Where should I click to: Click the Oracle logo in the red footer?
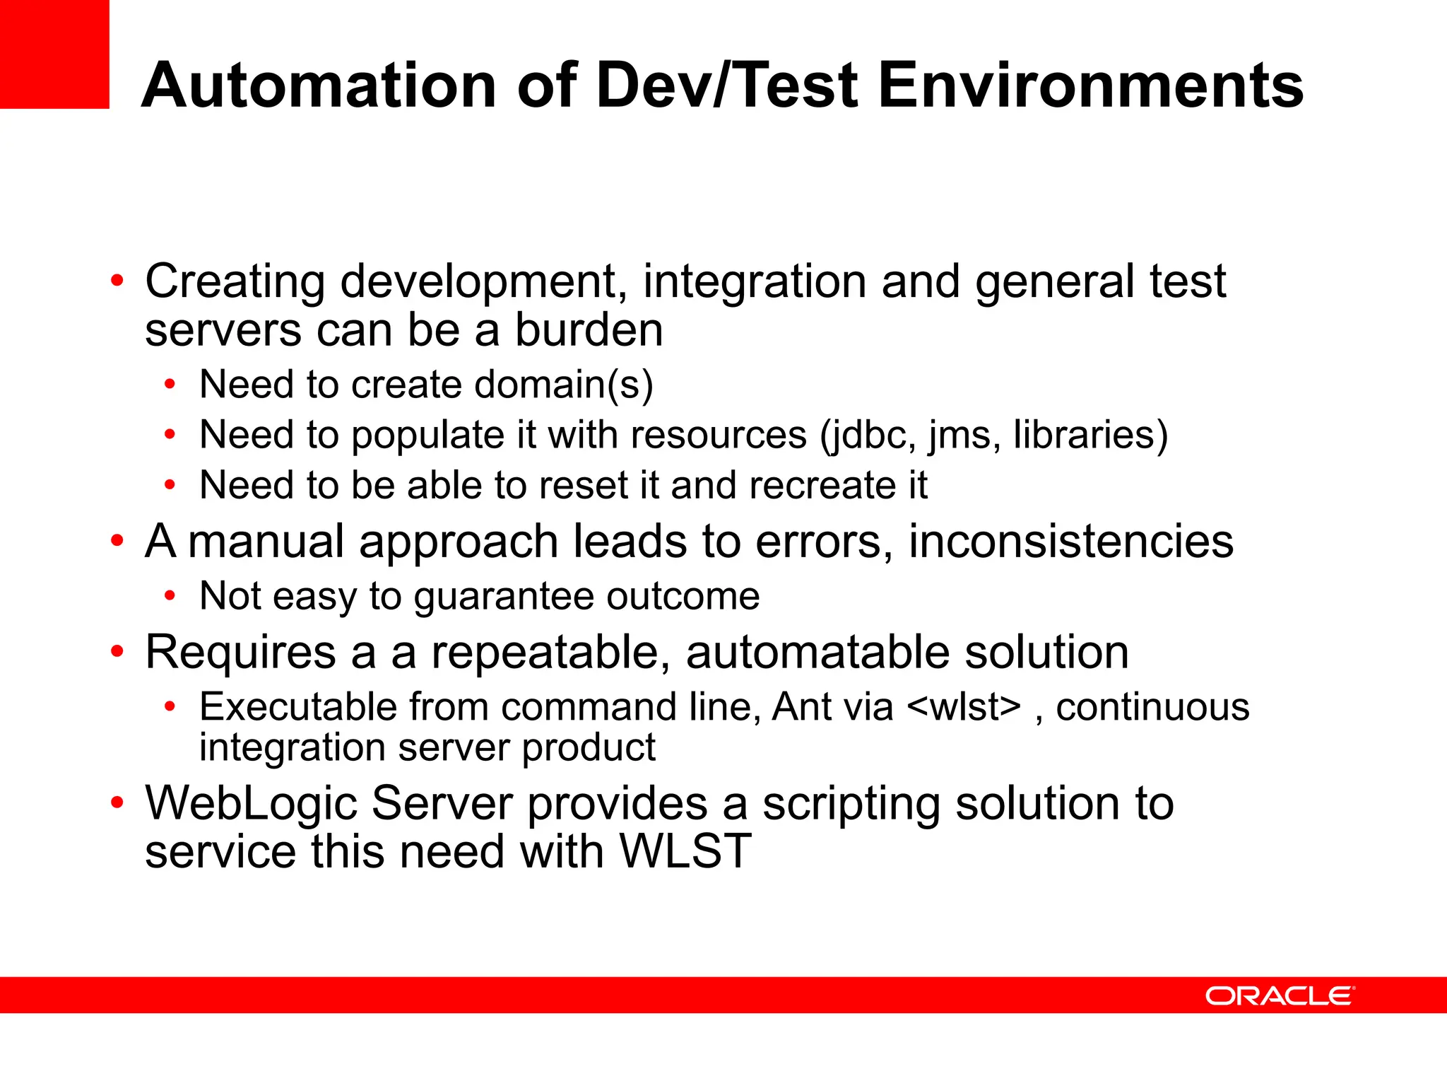[x=1279, y=995]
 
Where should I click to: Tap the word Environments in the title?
[x=1090, y=86]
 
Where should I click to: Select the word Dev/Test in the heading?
[x=727, y=86]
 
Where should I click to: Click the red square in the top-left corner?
[x=54, y=54]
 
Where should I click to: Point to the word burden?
[x=589, y=330]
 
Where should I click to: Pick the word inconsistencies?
[x=1070, y=542]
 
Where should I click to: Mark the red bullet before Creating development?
[x=117, y=281]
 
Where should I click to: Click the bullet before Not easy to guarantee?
[x=170, y=596]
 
